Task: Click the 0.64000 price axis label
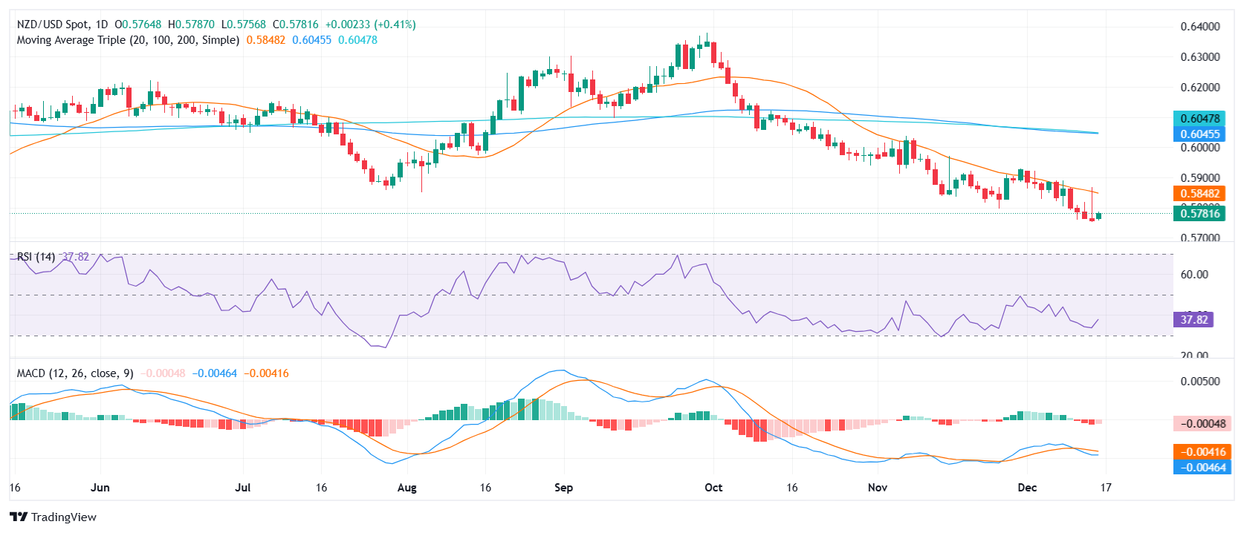coord(1199,27)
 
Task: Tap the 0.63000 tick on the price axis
coord(1199,57)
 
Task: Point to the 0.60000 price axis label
coord(1199,148)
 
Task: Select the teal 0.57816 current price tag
coord(1199,214)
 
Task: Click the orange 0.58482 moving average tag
coord(1199,194)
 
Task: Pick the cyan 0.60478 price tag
coord(1199,119)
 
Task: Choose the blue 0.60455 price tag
coord(1199,134)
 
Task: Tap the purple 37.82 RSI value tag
coord(1193,320)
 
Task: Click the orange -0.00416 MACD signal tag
coord(1199,452)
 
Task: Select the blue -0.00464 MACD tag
coord(1199,468)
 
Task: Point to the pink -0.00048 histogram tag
coord(1199,424)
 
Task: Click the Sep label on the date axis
coord(564,488)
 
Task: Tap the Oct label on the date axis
coord(713,488)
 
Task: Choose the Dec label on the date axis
coord(1027,488)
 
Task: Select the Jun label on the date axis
coord(100,488)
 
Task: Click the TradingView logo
coord(54,517)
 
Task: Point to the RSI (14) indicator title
coord(36,257)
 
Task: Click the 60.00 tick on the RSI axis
coord(1194,275)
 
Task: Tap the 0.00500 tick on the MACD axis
coord(1199,382)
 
